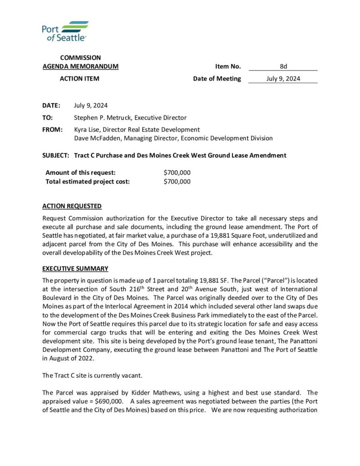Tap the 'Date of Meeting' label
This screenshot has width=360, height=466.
click(217, 79)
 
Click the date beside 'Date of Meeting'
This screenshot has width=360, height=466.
click(283, 79)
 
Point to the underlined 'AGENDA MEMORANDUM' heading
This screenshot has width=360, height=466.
click(81, 66)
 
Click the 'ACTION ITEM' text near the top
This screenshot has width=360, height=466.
click(80, 79)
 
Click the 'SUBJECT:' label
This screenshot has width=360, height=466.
click(56, 156)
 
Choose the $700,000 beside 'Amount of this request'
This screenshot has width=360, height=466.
click(177, 173)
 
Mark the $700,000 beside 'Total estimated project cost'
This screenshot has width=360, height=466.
click(177, 182)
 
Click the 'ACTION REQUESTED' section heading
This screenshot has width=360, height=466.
click(72, 206)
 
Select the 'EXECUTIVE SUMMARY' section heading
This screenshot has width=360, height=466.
click(75, 268)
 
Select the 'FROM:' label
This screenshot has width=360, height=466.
click(52, 130)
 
